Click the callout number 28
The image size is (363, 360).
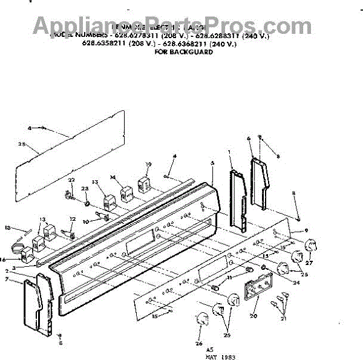[21, 145]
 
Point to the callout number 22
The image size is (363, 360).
[71, 180]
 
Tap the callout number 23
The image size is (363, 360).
[85, 189]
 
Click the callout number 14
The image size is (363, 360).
[113, 178]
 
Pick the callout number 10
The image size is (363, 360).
[85, 222]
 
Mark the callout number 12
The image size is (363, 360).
[73, 219]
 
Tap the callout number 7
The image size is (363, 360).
[24, 280]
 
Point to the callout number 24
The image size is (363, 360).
[296, 282]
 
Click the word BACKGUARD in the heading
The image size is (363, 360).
[193, 53]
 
